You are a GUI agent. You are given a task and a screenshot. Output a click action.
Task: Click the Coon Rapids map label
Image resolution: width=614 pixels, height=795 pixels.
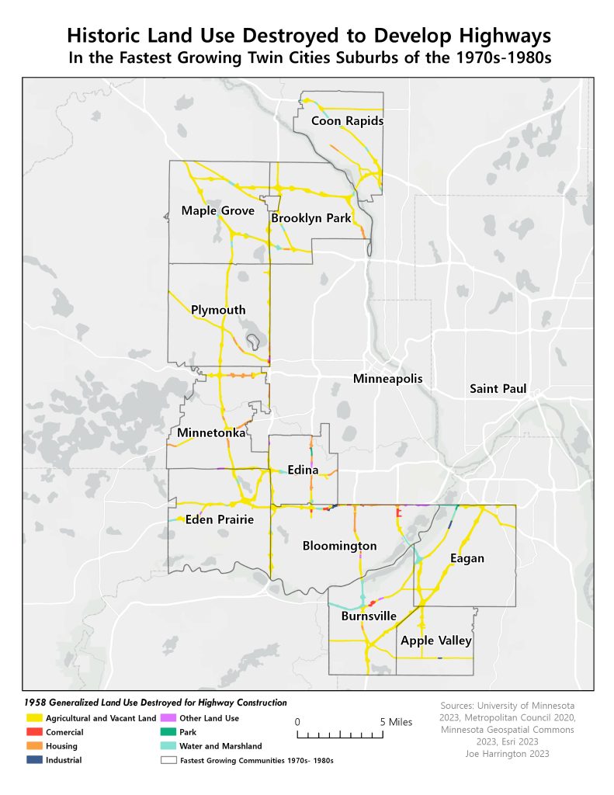click(347, 121)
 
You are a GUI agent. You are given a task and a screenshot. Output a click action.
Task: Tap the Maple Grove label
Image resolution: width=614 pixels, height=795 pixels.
click(212, 211)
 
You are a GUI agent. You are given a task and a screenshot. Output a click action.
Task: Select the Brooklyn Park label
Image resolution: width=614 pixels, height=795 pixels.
click(311, 219)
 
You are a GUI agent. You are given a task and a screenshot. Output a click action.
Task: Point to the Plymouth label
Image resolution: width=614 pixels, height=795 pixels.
click(218, 311)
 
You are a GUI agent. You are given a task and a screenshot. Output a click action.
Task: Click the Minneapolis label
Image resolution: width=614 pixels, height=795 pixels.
click(387, 380)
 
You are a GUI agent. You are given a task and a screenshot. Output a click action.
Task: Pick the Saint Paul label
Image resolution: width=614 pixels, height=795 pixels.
click(498, 388)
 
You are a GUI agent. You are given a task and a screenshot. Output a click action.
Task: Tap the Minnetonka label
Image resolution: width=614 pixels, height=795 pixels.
click(211, 432)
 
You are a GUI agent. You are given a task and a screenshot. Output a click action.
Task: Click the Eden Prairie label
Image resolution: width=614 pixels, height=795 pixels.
click(220, 520)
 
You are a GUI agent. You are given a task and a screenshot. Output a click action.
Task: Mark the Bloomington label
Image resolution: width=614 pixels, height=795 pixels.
click(339, 547)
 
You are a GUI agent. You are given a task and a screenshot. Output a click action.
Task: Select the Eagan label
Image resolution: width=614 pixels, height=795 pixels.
click(467, 558)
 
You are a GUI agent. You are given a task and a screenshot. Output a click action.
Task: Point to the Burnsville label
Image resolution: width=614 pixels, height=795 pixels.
click(369, 616)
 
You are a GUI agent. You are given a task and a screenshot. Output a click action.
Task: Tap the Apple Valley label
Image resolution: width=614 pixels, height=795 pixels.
click(435, 641)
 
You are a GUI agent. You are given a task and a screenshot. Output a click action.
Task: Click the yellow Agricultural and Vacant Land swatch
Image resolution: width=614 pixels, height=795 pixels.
click(33, 718)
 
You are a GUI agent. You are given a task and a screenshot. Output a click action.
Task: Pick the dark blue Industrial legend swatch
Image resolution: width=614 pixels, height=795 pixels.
click(33, 760)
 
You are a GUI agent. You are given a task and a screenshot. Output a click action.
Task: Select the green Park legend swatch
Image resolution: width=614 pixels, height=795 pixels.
click(168, 732)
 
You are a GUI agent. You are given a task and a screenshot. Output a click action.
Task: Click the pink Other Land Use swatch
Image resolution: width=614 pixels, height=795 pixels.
click(168, 718)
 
